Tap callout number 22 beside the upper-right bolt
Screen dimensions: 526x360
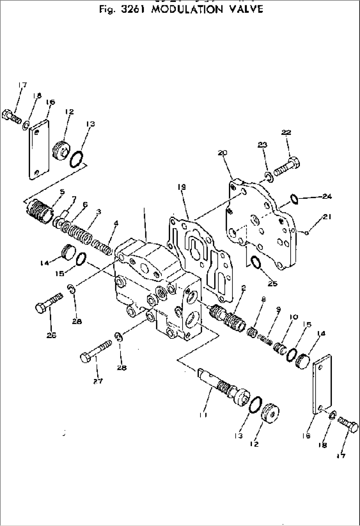coord(286,132)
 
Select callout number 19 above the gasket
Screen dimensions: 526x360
coord(181,187)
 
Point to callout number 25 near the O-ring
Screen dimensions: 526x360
coord(272,283)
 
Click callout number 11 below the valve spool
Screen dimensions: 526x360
coord(203,415)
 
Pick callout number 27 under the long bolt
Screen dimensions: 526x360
coord(98,381)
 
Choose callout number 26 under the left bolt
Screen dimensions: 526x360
coord(51,335)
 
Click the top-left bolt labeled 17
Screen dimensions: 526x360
coord(12,116)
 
